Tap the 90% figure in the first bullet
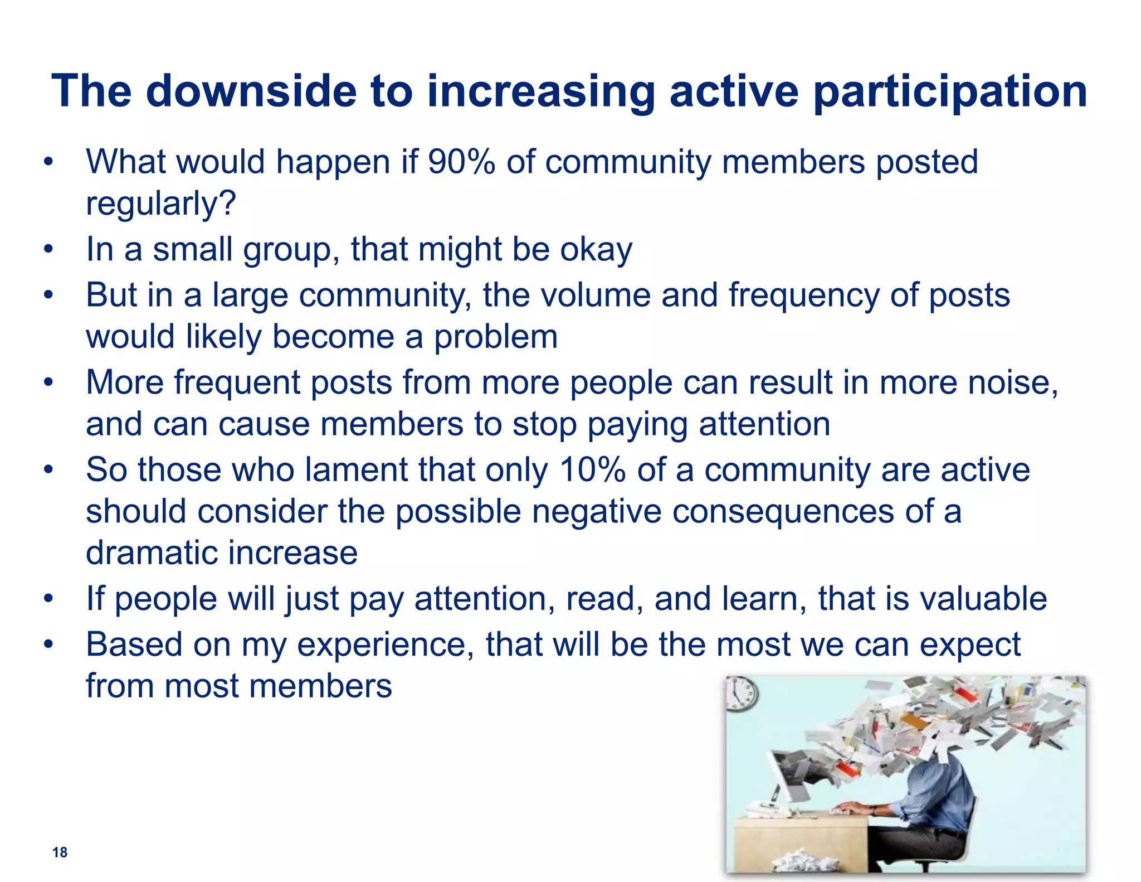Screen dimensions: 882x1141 (461, 162)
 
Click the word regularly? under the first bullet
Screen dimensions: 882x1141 (161, 205)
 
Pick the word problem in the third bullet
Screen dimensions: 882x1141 (495, 337)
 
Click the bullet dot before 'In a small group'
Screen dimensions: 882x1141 (49, 249)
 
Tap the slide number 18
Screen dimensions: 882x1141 (60, 852)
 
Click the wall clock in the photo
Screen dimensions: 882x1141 (742, 695)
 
